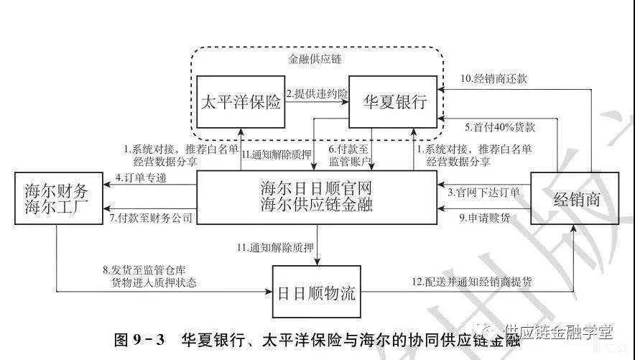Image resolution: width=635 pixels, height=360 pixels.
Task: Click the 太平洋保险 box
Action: click(241, 102)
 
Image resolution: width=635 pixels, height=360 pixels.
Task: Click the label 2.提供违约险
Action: click(317, 94)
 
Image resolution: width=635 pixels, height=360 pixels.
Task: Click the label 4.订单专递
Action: click(141, 177)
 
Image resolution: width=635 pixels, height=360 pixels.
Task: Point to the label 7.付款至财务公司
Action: click(152, 216)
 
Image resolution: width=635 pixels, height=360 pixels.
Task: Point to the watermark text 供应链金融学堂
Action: click(559, 331)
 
